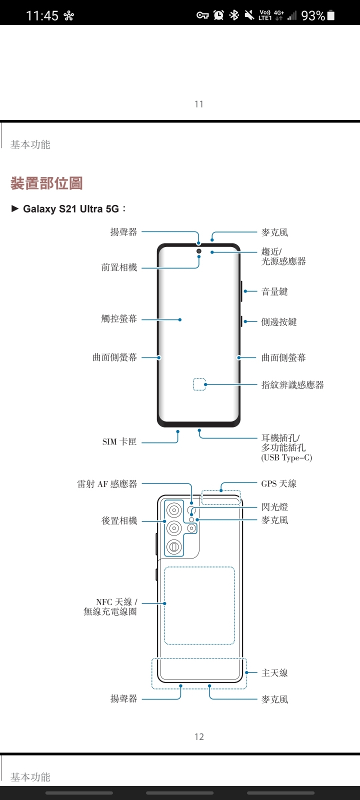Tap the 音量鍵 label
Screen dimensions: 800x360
click(274, 291)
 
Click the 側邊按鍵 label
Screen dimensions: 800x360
click(279, 322)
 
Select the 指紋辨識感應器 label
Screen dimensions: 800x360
click(292, 385)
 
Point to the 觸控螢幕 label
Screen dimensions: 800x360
click(119, 319)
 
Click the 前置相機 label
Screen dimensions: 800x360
click(119, 267)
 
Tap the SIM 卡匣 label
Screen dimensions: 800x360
click(119, 442)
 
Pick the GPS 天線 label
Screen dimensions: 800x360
click(278, 483)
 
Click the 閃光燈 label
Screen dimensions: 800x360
click(274, 507)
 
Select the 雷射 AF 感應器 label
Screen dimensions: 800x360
click(107, 484)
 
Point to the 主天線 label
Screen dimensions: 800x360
click(274, 673)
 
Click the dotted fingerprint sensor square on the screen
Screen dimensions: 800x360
click(199, 384)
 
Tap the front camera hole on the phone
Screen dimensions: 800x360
click(199, 250)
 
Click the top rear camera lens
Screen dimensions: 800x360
click(174, 510)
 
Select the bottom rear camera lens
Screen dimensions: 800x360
click(174, 546)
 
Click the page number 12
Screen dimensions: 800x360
click(199, 736)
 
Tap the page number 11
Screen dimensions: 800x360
click(199, 104)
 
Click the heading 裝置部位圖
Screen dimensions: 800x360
click(46, 183)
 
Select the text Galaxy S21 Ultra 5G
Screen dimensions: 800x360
click(71, 209)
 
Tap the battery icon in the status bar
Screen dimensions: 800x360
click(330, 15)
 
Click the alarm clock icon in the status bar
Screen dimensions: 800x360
click(218, 15)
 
